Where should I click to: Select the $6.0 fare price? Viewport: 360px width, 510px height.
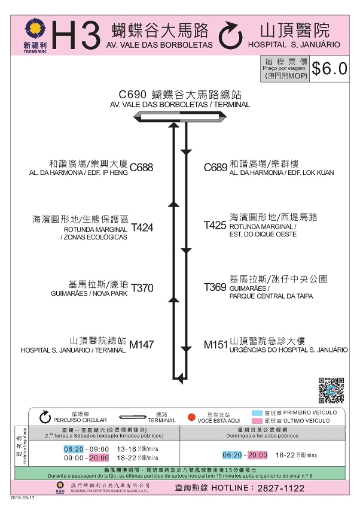coord(329,68)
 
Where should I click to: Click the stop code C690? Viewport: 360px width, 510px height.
coord(132,95)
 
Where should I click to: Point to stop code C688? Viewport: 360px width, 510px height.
coord(142,168)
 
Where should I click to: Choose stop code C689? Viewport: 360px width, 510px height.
coord(215,168)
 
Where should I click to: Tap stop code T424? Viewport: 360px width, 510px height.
coord(142,227)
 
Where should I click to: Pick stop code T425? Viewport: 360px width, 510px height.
coord(215,225)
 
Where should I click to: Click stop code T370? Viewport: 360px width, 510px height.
coord(142,288)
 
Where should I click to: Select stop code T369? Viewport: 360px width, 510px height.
coord(215,287)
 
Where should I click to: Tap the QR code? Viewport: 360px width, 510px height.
coord(331,390)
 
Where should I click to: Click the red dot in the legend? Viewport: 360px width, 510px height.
coord(192,417)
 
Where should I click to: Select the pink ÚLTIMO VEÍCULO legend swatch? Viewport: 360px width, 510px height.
coord(258,421)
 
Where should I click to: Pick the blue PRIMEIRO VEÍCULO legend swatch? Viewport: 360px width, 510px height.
coord(258,413)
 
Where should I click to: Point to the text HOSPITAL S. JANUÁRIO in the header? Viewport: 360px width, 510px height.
coord(294,45)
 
